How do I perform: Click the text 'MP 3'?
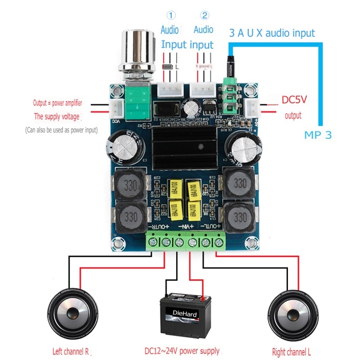click(318, 135)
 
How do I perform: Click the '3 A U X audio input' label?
click(271, 33)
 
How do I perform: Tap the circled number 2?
click(204, 15)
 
